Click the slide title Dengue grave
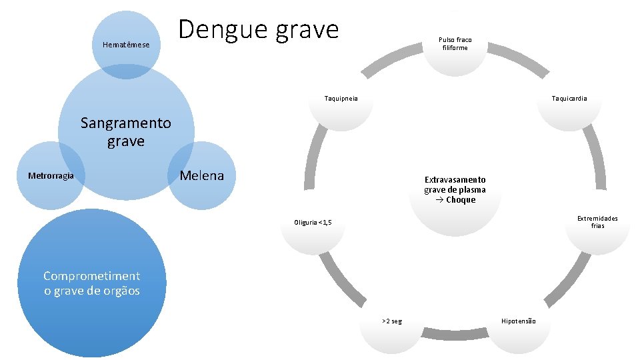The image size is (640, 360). [x=259, y=30]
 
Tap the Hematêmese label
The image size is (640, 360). [x=126, y=45]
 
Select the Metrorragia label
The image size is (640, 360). [x=51, y=176]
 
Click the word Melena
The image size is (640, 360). [x=202, y=175]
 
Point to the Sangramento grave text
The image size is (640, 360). [x=125, y=132]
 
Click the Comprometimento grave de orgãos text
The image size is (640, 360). [x=91, y=283]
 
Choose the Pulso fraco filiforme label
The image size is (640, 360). [x=455, y=44]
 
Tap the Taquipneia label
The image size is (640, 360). [x=341, y=99]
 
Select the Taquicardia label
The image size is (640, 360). [x=569, y=99]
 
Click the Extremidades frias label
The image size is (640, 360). [x=597, y=222]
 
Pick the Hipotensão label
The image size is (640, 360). [x=518, y=321]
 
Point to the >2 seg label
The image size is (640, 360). [x=391, y=321]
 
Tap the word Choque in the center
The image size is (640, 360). [x=461, y=200]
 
